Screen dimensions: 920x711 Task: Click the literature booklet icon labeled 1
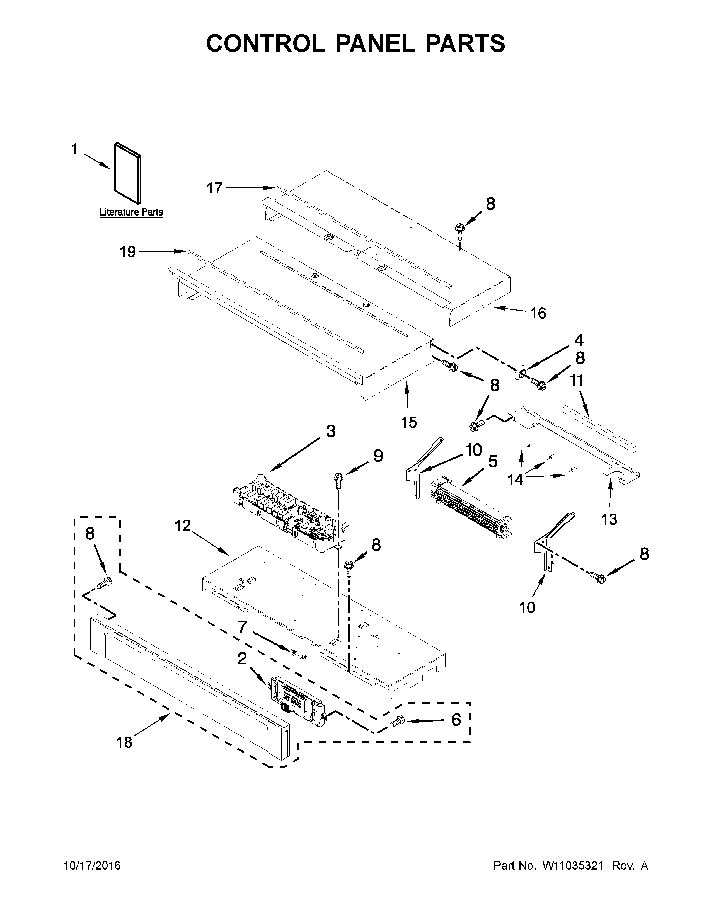[x=128, y=173]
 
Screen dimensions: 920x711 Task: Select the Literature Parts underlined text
[x=131, y=212]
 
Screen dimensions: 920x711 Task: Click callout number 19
[x=128, y=252]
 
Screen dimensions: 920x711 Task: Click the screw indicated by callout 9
[x=338, y=480]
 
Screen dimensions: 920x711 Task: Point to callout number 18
[x=124, y=742]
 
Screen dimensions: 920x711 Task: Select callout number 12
[x=183, y=526]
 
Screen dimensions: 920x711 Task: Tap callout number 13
[x=609, y=519]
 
